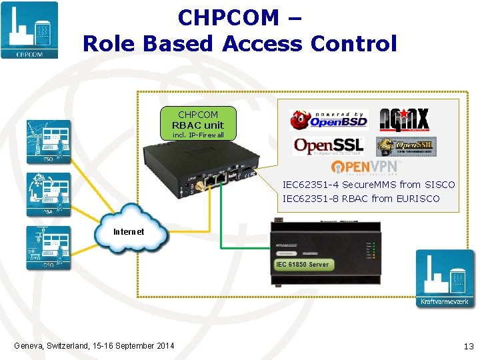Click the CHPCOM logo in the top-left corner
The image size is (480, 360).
(x=29, y=30)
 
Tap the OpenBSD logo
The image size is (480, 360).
(x=328, y=120)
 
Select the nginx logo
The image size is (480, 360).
(x=404, y=120)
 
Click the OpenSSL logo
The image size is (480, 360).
(x=329, y=146)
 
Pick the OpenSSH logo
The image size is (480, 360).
(x=405, y=146)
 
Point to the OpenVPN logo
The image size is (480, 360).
(x=365, y=167)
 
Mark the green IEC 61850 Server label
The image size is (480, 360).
(x=302, y=265)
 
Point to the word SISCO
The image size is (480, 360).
(x=439, y=185)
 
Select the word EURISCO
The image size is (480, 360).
(x=418, y=199)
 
